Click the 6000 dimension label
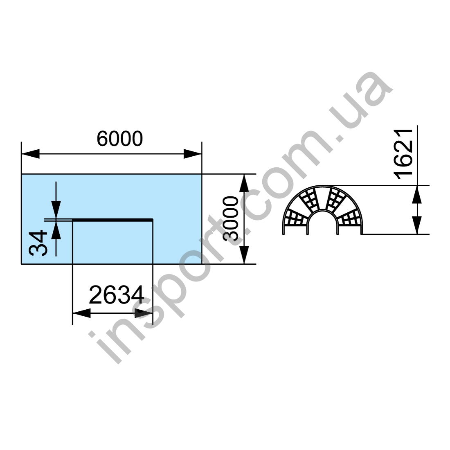coord(120,139)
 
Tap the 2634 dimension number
coord(117,295)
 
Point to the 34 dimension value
coord(38,243)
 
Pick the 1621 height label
coord(403,154)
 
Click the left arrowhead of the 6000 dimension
coord(30,154)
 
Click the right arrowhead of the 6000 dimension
coord(193,154)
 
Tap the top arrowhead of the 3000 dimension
coord(244,183)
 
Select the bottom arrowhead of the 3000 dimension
coord(244,255)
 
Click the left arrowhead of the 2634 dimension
coord(81,313)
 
